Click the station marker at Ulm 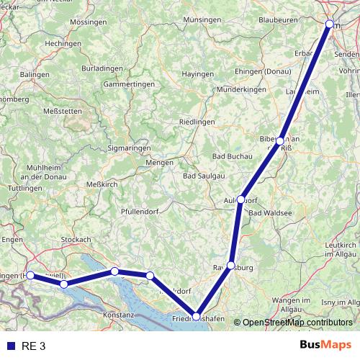(330, 24)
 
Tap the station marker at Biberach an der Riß (279, 141)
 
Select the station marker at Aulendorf (241, 199)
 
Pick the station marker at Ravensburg (230, 265)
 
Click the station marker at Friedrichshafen (196, 317)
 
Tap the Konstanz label (120, 315)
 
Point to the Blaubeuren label (278, 22)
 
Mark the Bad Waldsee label (269, 214)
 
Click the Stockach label (76, 239)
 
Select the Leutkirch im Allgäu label (341, 249)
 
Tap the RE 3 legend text (33, 346)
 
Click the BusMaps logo (325, 346)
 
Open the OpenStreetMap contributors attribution (297, 322)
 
